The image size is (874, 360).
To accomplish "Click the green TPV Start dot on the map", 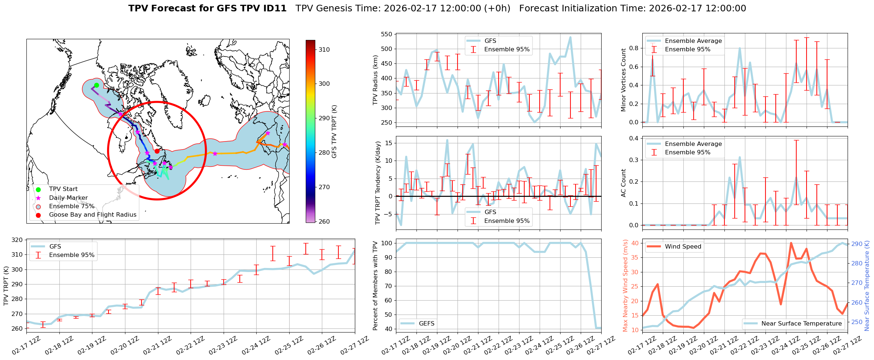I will (x=96, y=85).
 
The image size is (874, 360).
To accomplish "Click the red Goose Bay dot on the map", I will (x=157, y=151).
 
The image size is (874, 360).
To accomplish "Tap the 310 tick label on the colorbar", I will (x=324, y=49).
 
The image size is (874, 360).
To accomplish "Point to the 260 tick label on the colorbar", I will (x=324, y=221).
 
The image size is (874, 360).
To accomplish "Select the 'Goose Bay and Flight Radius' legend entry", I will (x=92, y=215).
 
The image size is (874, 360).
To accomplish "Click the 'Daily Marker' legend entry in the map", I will (x=68, y=198).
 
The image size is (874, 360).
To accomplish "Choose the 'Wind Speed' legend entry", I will (x=683, y=247).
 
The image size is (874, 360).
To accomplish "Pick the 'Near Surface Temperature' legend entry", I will (x=801, y=323).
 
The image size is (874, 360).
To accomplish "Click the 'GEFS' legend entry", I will (x=426, y=323).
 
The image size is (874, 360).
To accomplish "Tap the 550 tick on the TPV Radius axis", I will (x=387, y=34).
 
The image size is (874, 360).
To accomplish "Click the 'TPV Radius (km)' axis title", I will (x=375, y=80).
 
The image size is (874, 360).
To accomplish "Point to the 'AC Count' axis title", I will (x=623, y=183).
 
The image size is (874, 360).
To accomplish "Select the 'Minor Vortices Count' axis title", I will (x=623, y=80).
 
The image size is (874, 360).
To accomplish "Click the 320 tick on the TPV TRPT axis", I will (x=17, y=240).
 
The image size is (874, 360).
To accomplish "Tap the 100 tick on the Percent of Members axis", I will (x=386, y=243).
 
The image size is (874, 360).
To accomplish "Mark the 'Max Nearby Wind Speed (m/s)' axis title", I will (x=625, y=286).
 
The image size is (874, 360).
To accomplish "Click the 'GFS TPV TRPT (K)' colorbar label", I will (x=334, y=132).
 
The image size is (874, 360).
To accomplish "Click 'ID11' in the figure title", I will (x=273, y=8).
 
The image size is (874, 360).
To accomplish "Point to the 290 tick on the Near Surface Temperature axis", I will (x=857, y=244).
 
